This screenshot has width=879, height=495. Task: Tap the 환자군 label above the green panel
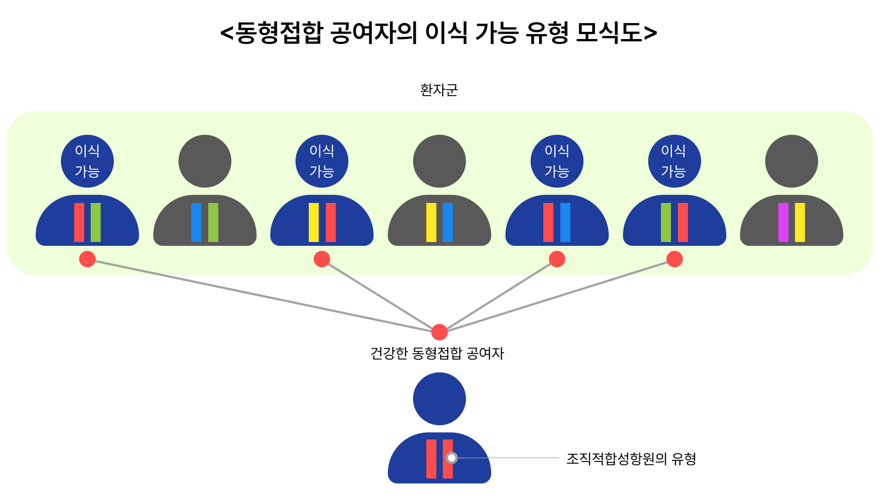(438, 90)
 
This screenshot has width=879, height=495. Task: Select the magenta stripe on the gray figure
(783, 222)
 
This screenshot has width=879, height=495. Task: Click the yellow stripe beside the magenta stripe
(800, 222)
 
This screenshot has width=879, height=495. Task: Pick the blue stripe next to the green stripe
(196, 222)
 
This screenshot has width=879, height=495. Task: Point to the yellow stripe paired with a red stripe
(314, 222)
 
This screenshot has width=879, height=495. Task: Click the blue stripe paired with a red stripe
(565, 222)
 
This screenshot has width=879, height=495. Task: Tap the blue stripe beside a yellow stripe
(448, 222)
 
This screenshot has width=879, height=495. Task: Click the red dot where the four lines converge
(439, 332)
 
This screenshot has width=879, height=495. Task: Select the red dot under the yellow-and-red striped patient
(322, 259)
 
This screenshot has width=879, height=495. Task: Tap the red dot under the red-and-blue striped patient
(557, 259)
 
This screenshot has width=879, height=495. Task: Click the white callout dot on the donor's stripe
(452, 458)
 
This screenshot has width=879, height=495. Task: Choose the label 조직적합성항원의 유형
(631, 459)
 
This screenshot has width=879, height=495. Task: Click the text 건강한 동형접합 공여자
(437, 353)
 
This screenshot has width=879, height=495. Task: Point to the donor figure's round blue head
(439, 399)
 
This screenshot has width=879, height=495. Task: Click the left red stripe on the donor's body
(431, 459)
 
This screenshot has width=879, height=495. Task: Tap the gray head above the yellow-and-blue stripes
(439, 161)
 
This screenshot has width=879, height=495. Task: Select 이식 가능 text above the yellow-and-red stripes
(322, 161)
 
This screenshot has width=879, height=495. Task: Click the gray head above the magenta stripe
(792, 161)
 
